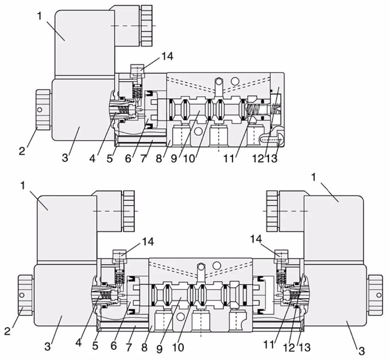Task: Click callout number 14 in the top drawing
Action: [167, 56]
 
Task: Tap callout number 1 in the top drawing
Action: [40, 16]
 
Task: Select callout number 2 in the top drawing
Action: [22, 151]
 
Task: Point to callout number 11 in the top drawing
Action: [229, 158]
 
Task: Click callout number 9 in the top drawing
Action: [174, 158]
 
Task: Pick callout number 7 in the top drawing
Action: [144, 158]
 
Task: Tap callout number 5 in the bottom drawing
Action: [95, 346]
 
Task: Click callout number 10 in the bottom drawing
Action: [178, 348]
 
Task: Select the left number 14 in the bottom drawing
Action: [148, 241]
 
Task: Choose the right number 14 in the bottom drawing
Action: [256, 239]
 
